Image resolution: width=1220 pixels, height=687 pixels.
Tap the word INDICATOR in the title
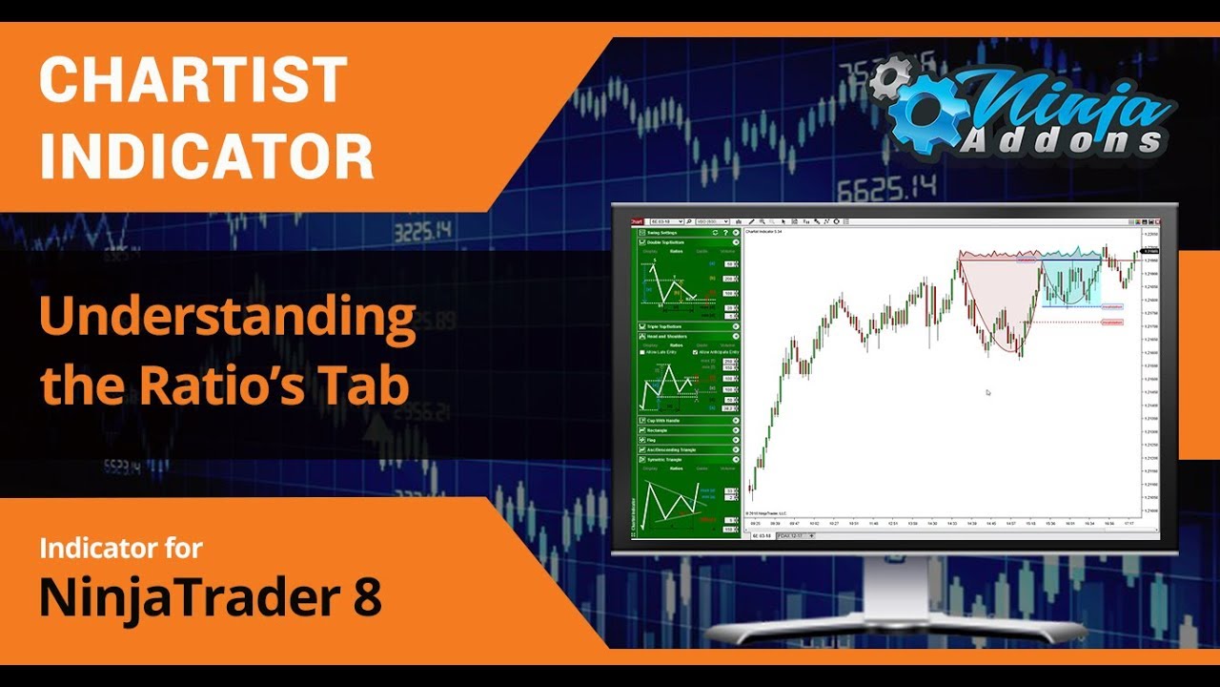tap(206, 156)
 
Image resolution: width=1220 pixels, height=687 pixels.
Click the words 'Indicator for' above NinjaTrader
tap(120, 549)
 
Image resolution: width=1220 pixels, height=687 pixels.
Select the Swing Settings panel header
tap(666, 233)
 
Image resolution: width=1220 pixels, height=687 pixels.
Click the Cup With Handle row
tap(667, 420)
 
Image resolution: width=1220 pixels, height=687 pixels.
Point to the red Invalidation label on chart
tap(1111, 323)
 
